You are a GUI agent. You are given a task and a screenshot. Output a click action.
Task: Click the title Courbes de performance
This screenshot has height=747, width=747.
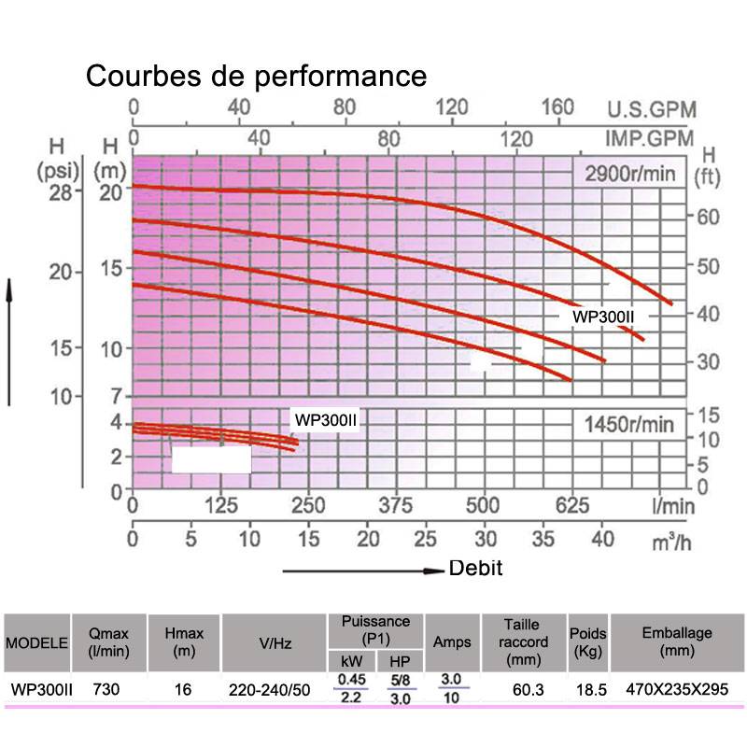(x=257, y=76)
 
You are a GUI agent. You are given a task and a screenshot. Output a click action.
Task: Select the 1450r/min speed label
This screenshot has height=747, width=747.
(x=628, y=425)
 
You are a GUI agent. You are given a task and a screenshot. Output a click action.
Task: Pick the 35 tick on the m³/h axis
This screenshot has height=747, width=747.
(x=543, y=539)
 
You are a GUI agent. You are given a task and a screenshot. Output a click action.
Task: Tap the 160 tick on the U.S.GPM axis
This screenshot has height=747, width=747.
(x=557, y=107)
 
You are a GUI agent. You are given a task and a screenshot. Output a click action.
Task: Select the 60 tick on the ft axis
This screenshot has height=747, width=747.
(x=708, y=216)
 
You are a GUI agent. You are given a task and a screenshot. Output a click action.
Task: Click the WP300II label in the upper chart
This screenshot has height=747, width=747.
(x=603, y=317)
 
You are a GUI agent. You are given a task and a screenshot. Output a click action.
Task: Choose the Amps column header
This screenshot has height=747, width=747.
(x=452, y=641)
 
